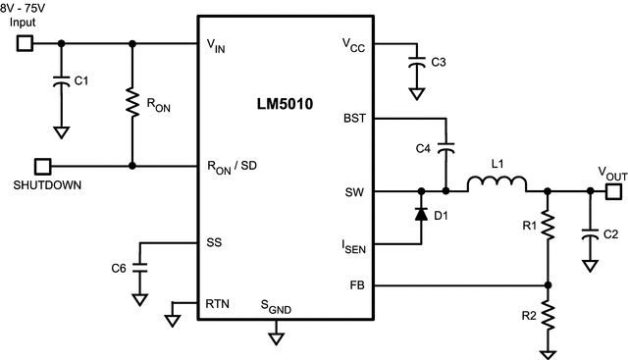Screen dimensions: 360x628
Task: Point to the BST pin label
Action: click(355, 118)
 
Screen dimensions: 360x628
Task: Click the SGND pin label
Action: click(276, 309)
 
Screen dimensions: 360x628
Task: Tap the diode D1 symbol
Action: click(422, 213)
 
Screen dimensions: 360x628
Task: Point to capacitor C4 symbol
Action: click(446, 149)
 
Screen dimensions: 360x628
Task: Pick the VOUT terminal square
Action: click(612, 191)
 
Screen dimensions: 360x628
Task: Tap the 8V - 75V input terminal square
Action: click(26, 43)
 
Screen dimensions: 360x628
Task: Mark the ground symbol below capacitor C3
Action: click(417, 95)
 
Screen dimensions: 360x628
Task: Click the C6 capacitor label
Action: click(118, 268)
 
